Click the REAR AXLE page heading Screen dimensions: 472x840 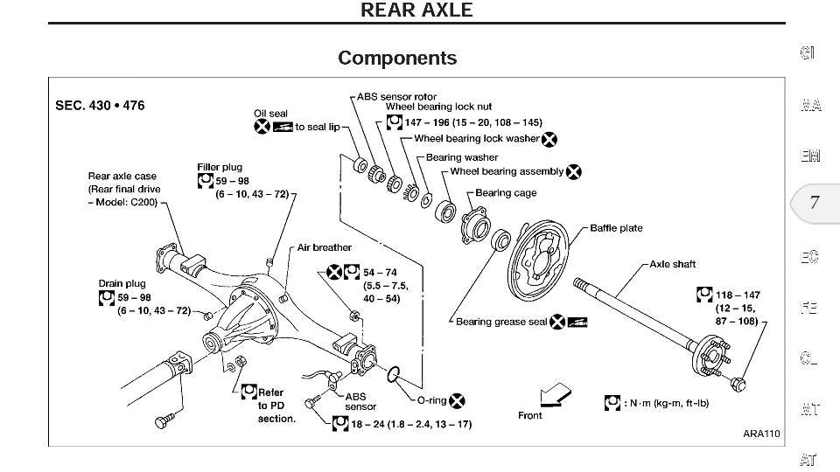point(416,10)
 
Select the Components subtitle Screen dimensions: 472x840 point(397,58)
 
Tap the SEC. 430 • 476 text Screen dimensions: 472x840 point(100,106)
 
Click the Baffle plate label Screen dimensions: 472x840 point(616,228)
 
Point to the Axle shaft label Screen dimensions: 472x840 point(673,264)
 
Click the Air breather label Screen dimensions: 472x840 point(324,247)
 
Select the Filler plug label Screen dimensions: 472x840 point(220,167)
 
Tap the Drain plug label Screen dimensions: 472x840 point(122,283)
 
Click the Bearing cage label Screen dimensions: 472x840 point(506,193)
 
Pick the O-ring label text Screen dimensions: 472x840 point(431,400)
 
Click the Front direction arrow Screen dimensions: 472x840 point(555,394)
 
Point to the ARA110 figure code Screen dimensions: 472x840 point(761,434)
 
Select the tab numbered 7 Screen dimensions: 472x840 point(814,204)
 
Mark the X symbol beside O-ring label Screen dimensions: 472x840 point(457,401)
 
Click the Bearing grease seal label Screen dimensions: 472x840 point(501,322)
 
